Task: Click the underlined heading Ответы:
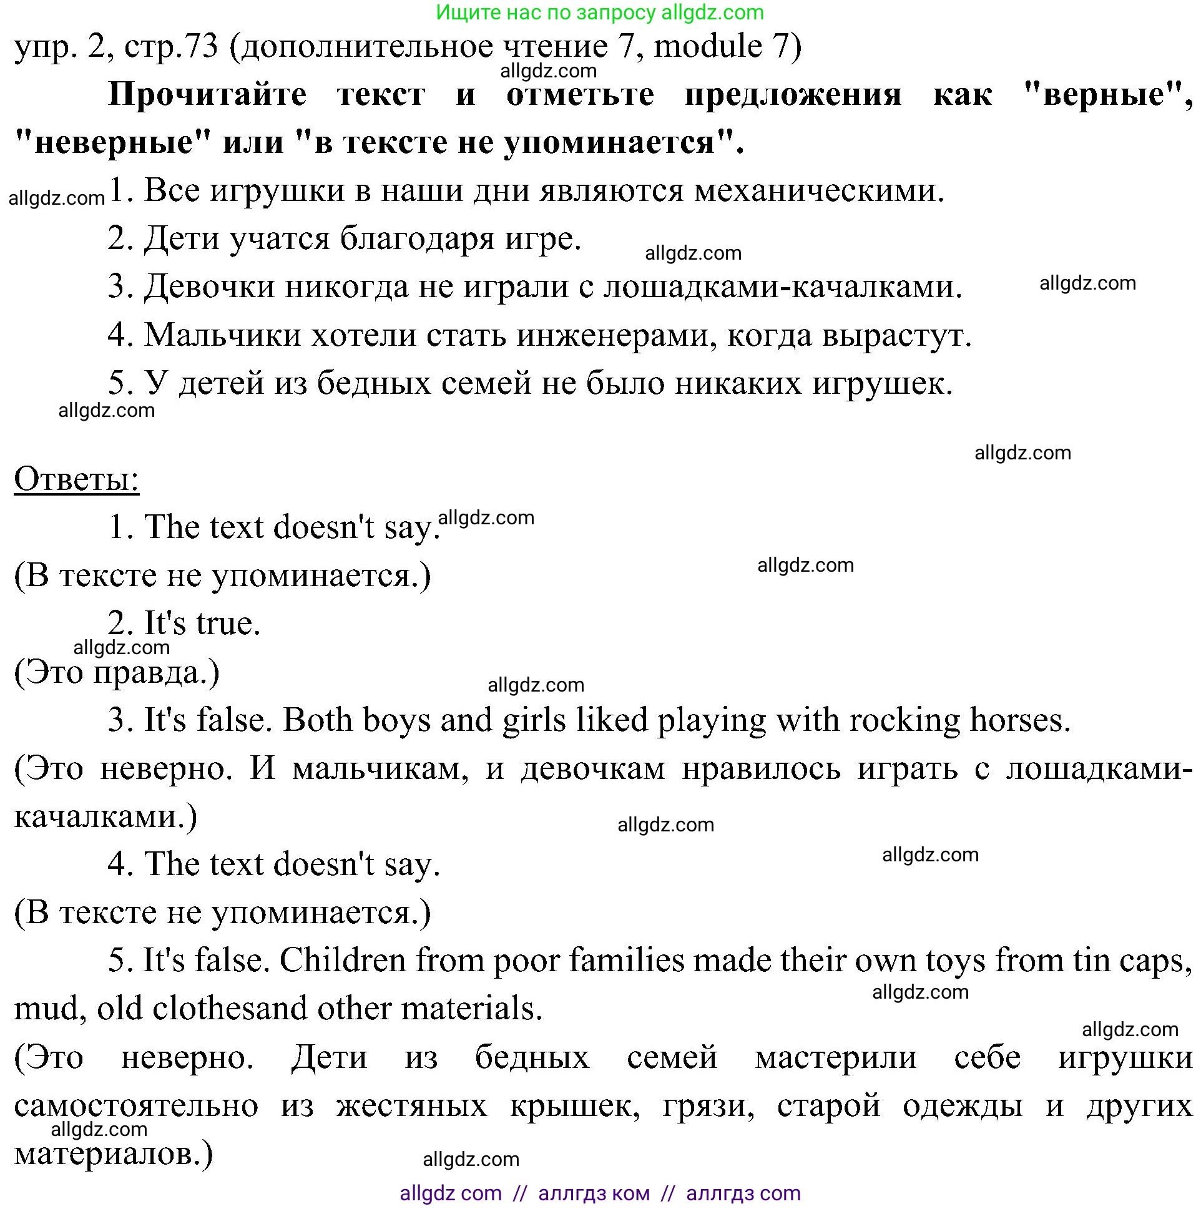[76, 480]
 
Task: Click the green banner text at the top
[599, 12]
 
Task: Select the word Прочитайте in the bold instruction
[207, 95]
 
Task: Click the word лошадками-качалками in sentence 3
[782, 287]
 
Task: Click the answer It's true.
[184, 624]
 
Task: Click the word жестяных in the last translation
[411, 1106]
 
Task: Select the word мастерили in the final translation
[835, 1057]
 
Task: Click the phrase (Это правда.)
[117, 672]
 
